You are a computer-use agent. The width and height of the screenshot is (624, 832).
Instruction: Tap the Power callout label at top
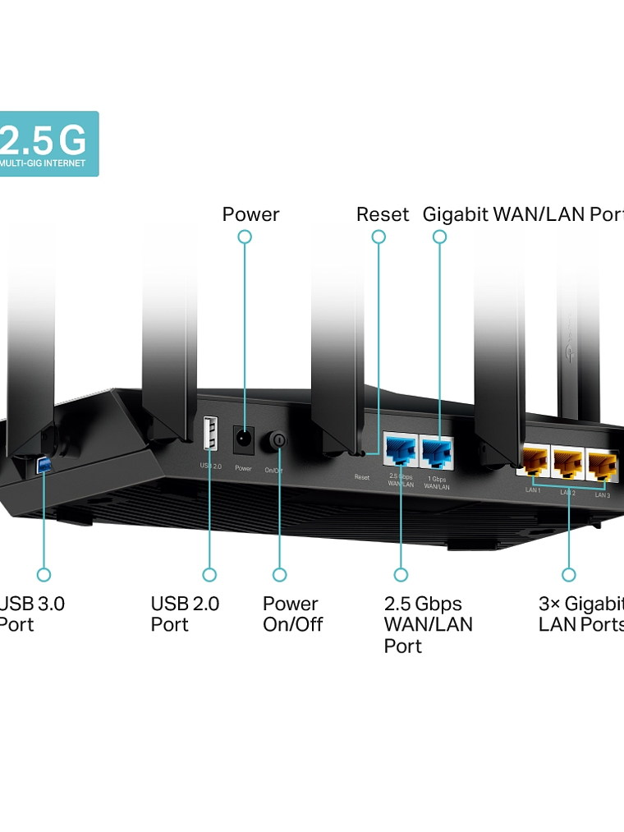250,215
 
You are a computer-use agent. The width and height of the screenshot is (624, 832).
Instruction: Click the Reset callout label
382,215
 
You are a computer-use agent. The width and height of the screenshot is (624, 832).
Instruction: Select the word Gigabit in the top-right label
456,215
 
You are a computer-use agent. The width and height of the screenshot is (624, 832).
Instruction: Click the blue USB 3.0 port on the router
44,466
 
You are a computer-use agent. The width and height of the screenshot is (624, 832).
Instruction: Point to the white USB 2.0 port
210,434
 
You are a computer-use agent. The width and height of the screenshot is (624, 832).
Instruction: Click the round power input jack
243,439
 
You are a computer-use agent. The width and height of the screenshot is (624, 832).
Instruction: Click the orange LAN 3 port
602,467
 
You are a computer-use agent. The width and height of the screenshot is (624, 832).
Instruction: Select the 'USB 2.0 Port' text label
185,614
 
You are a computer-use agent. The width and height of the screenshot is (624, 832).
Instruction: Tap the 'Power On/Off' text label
292,614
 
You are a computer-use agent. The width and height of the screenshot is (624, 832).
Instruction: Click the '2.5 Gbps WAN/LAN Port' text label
428,624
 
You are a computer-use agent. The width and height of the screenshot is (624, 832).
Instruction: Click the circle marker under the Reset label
379,237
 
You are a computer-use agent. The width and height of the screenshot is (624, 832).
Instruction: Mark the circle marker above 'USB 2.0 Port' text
209,575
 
